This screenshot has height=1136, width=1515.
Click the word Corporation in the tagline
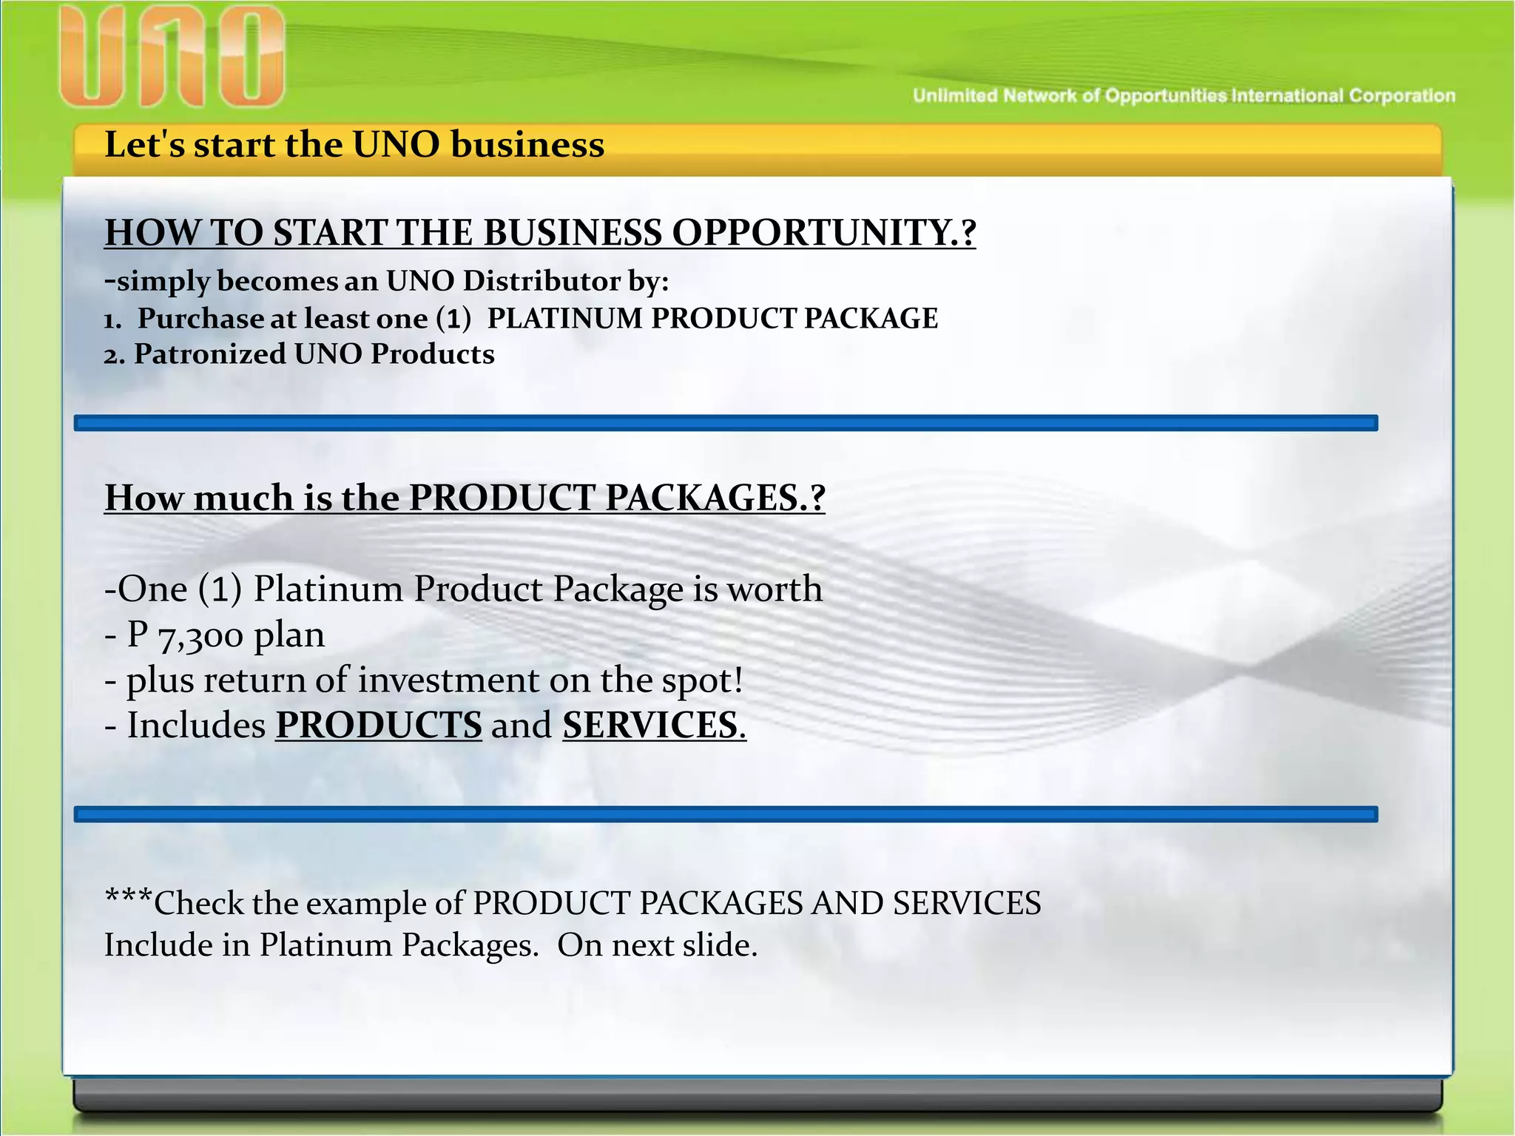pos(1402,96)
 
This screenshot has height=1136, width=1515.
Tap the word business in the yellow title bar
pos(527,145)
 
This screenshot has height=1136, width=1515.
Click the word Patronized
pos(209,355)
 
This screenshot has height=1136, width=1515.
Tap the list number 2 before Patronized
pos(113,356)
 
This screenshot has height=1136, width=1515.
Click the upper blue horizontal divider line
pos(725,423)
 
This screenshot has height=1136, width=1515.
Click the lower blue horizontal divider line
pos(725,814)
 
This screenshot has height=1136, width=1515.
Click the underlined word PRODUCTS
pos(379,726)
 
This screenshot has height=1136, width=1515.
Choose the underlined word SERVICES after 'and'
pos(651,726)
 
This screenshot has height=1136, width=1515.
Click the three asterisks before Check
pos(129,898)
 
